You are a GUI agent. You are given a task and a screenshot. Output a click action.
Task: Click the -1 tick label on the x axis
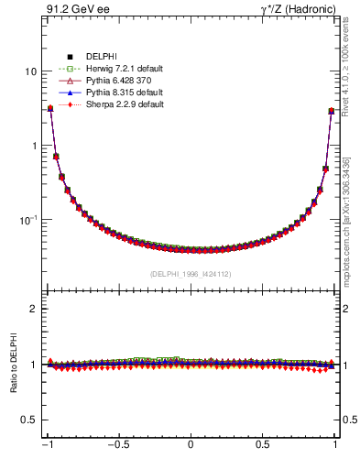tap(47, 445)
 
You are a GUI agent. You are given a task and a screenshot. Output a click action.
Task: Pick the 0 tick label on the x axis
tap(191, 445)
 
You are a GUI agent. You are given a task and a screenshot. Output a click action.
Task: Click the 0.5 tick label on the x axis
tap(263, 445)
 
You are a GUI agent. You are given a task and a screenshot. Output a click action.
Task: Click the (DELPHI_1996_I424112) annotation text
tap(191, 274)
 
